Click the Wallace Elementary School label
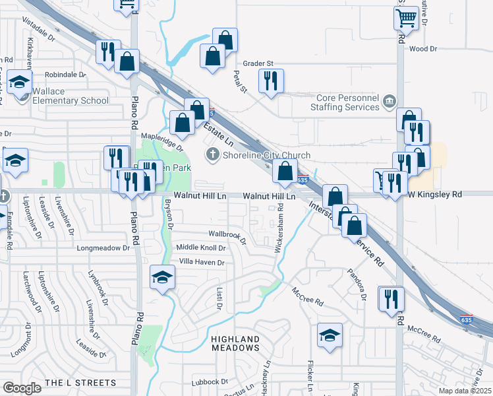coord(65,96)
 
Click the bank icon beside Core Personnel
coord(390,101)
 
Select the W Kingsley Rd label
coord(434,195)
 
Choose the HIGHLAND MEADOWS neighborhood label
coord(235,343)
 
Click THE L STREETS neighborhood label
coord(80,383)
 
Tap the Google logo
coord(22,388)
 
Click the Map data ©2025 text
coord(464,391)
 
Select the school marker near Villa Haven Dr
coord(161,278)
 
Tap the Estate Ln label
coord(219,133)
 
